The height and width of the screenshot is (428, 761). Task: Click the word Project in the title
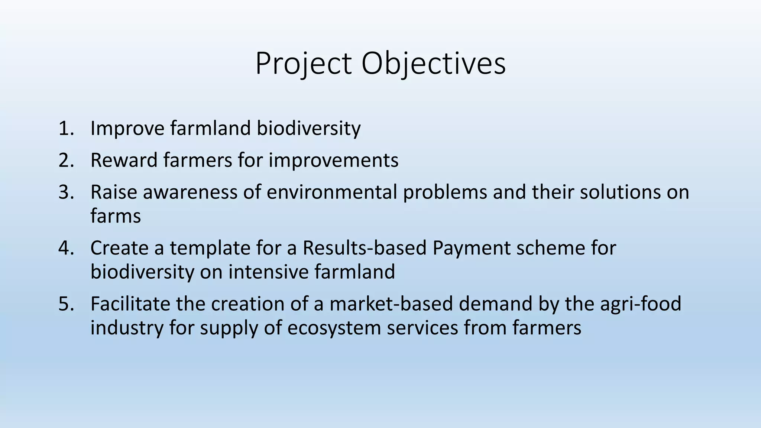point(303,64)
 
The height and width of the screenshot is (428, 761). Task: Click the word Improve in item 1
point(127,129)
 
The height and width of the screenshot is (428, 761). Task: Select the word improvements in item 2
point(333,160)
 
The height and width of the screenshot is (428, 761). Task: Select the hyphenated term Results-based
point(364,248)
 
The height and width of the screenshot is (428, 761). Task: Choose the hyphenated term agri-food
point(641,304)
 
